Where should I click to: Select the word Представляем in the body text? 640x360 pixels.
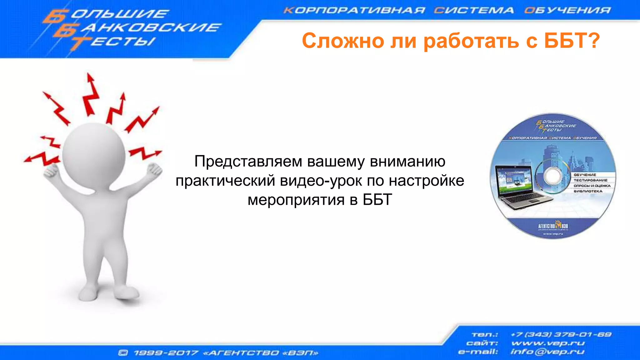pos(248,162)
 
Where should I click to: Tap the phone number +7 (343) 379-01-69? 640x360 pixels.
pos(561,334)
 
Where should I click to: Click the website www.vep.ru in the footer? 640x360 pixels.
pos(548,343)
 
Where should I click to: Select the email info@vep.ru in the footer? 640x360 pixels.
pos(547,352)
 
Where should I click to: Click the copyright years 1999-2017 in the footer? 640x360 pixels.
pos(166,353)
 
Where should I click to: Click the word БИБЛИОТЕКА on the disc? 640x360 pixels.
pos(588,191)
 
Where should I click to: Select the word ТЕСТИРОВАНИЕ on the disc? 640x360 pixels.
pos(590,180)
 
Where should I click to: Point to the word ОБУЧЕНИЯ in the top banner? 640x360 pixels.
pos(567,10)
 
